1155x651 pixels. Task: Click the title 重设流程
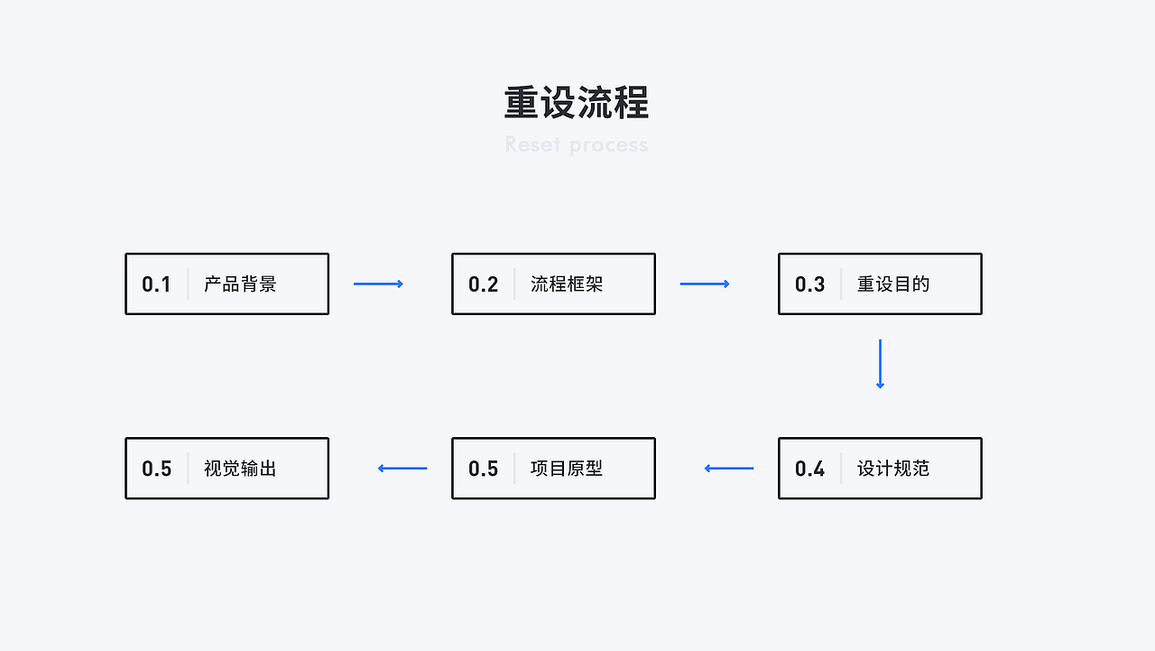(577, 103)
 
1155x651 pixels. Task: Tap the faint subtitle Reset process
(577, 144)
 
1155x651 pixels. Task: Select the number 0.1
(156, 284)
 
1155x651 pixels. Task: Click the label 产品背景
(240, 284)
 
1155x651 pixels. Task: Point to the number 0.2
(483, 284)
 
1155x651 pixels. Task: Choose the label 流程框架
(567, 284)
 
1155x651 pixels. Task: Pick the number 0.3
(809, 284)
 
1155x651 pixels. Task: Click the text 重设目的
(893, 284)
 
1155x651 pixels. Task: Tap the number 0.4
(809, 469)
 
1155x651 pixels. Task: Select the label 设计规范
(893, 469)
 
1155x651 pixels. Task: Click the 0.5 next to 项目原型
(483, 469)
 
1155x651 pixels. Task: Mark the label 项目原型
(567, 469)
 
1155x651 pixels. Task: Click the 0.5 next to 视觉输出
(156, 469)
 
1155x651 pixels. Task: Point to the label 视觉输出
(240, 469)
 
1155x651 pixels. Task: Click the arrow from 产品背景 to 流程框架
(378, 284)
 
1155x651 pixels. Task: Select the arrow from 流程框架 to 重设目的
(705, 284)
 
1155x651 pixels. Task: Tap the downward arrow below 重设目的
(880, 364)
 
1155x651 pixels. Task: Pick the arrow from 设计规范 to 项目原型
(729, 469)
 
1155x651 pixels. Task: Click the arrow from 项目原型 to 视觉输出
(402, 469)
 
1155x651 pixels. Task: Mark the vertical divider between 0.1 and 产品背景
(188, 284)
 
